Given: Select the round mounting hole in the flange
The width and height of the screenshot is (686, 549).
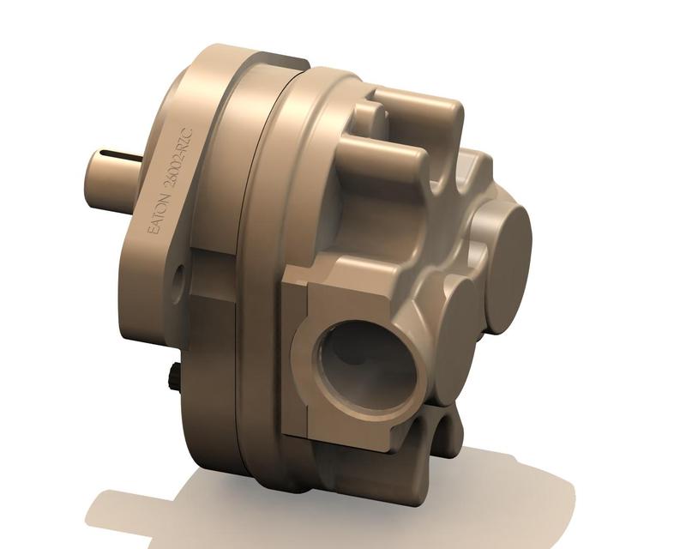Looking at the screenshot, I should (x=178, y=277).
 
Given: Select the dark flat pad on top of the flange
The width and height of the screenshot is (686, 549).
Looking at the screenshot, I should (x=283, y=62).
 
